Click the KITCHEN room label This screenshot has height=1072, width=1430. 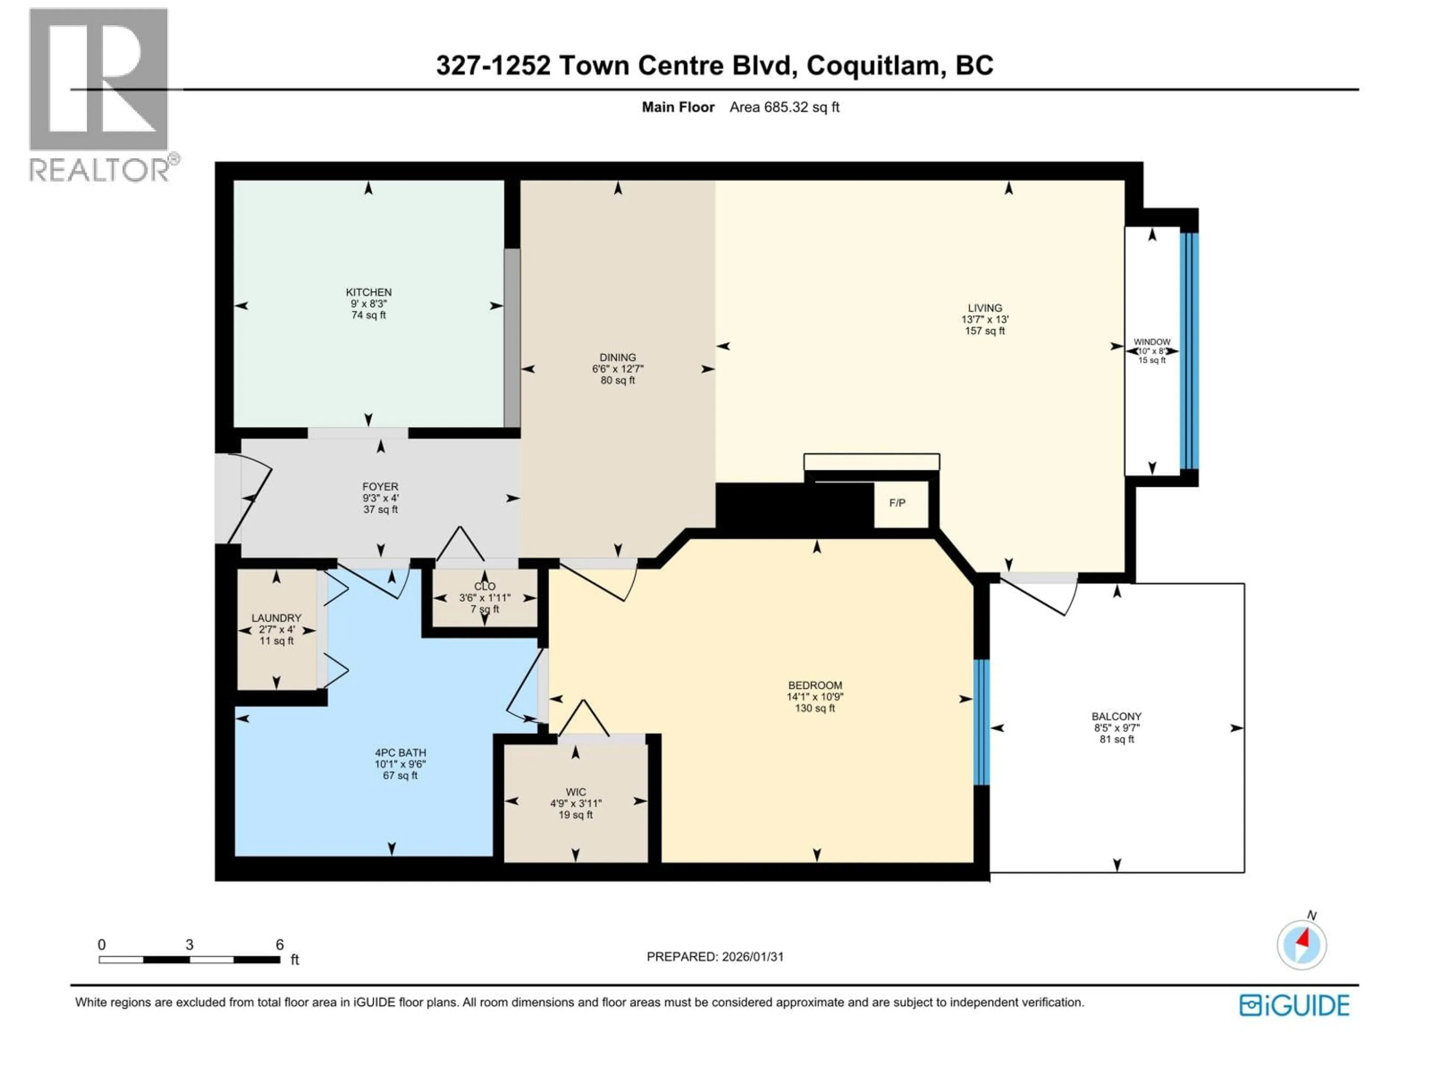369,292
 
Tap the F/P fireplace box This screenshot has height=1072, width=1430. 897,503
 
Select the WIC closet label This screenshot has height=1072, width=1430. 575,792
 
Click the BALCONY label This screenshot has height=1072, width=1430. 1116,717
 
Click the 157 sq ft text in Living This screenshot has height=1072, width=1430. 985,331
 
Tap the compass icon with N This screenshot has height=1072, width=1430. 1302,945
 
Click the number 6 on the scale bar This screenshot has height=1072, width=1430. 279,945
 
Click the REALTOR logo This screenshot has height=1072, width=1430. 100,94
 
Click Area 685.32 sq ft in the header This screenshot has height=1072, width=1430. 784,107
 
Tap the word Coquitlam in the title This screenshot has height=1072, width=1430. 873,65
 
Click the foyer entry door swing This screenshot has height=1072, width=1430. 249,498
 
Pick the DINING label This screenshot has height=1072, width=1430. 617,357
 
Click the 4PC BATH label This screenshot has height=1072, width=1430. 400,753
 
